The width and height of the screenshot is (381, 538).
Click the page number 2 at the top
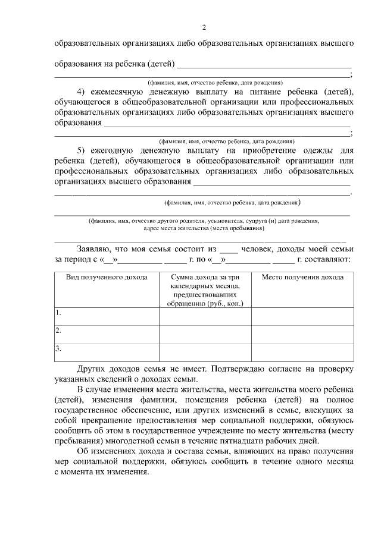[204, 28]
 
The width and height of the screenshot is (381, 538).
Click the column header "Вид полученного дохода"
[102, 278]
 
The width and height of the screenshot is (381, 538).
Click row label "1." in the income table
[58, 312]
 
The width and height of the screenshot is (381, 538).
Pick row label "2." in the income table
[58, 331]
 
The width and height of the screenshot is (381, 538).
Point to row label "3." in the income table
[58, 349]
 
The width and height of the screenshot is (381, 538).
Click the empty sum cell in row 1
[204, 316]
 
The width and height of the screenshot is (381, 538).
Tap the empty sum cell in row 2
[204, 334]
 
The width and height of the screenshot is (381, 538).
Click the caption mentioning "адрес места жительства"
[204, 228]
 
